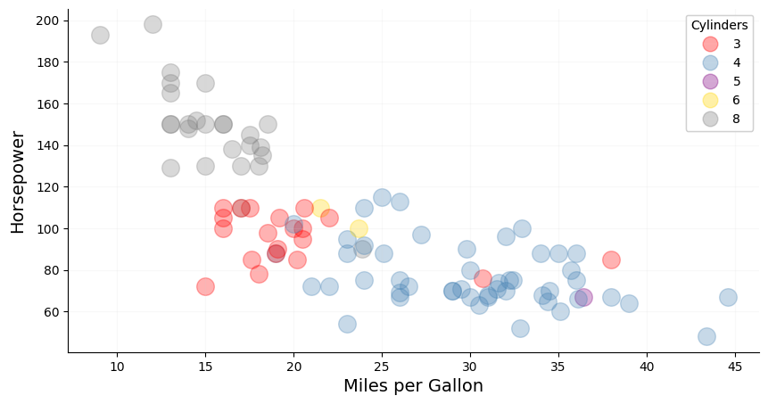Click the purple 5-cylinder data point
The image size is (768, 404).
click(x=583, y=297)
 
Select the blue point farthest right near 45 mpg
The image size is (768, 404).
click(x=728, y=297)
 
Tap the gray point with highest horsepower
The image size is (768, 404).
click(x=153, y=24)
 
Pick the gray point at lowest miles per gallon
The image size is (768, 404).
click(x=100, y=35)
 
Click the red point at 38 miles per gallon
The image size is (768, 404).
click(x=611, y=260)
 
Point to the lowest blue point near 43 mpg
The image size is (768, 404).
click(x=706, y=336)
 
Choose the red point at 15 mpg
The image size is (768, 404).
click(x=205, y=286)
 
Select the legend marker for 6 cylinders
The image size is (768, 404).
click(x=710, y=100)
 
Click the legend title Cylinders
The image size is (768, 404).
click(x=720, y=25)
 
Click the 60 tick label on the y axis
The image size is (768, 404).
click(x=50, y=312)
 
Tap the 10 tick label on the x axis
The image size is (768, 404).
click(x=118, y=367)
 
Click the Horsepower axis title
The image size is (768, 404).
click(x=18, y=182)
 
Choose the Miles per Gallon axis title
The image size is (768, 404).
click(x=413, y=386)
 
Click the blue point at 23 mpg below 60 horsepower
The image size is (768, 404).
click(x=347, y=324)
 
